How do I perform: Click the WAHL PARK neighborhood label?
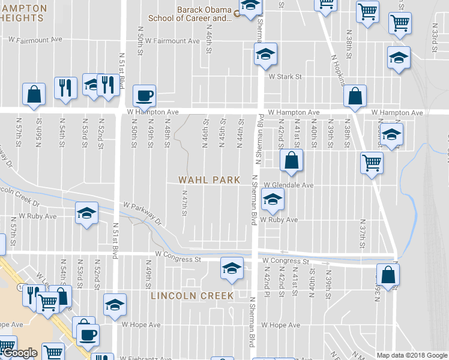tap(209, 180)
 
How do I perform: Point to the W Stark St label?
tap(285, 77)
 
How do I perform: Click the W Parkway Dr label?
tap(143, 214)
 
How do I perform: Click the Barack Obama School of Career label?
tap(204, 14)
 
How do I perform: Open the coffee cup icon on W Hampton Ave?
tap(144, 95)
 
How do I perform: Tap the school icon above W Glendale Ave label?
tap(272, 201)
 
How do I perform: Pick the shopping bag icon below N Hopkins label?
tap(355, 95)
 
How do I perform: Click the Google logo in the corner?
tap(20, 353)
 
